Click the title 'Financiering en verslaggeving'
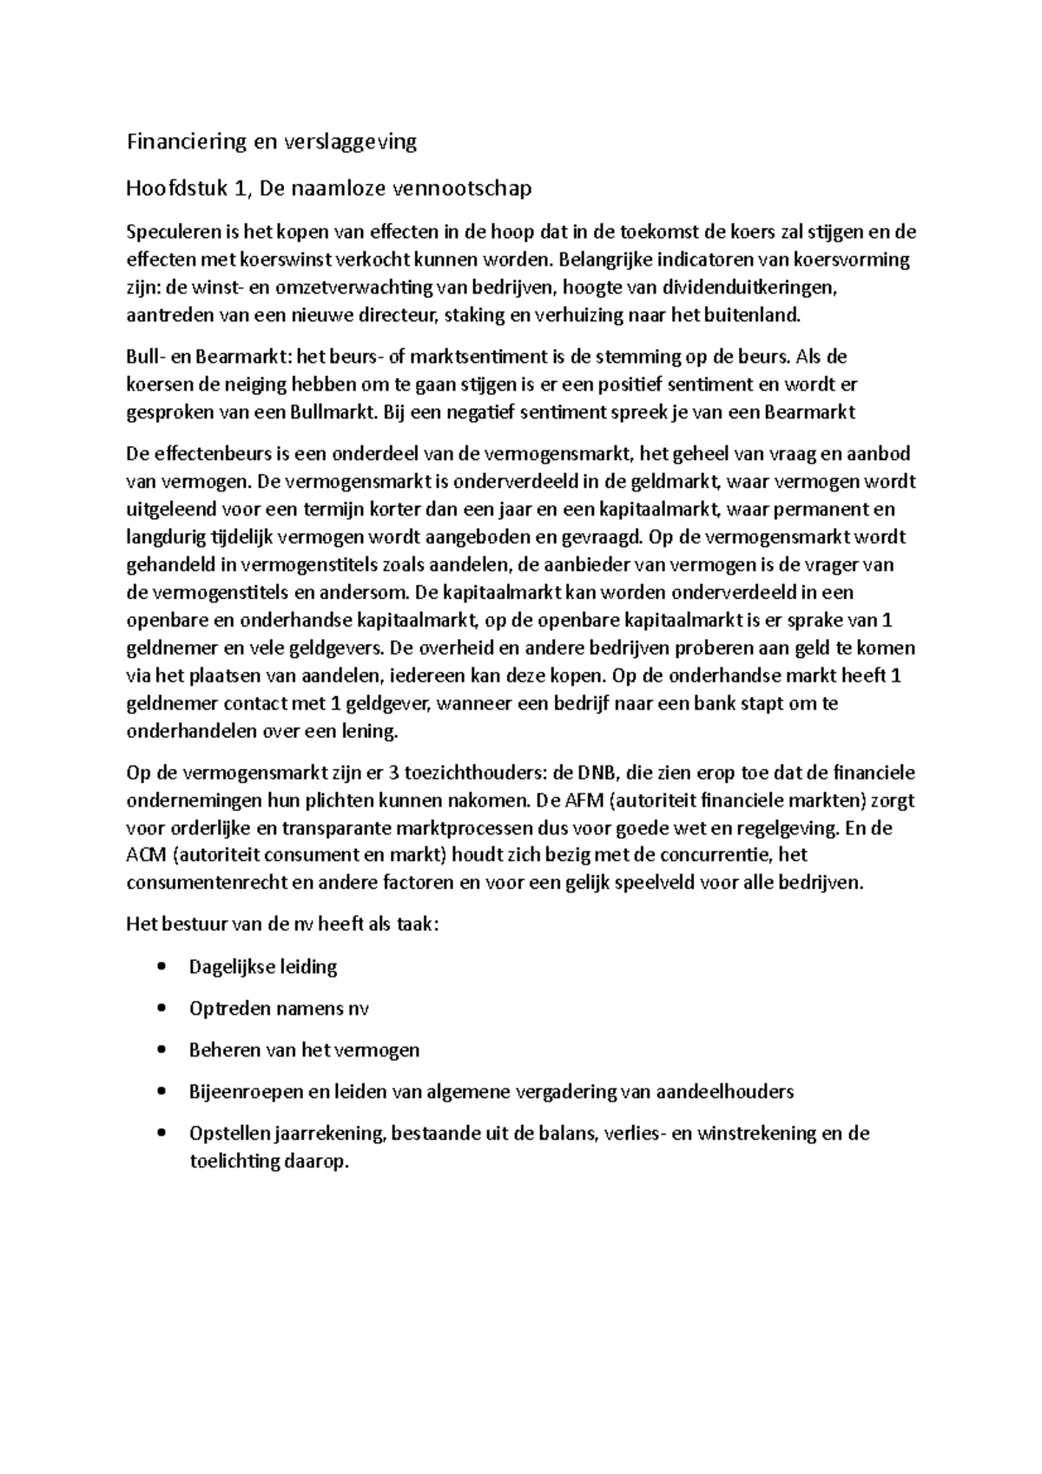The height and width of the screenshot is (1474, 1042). (x=271, y=142)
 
